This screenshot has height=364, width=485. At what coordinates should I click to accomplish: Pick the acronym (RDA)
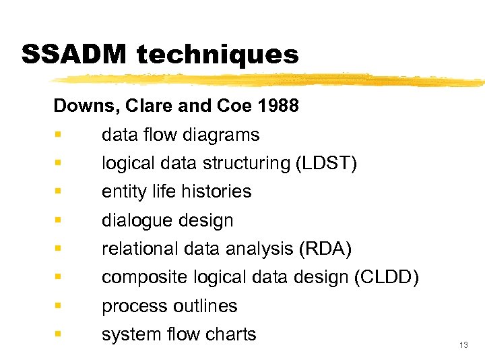324,249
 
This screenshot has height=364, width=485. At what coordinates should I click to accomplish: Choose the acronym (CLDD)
387,277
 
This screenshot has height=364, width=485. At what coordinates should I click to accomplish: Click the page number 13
463,345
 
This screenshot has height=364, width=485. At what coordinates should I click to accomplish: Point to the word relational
139,249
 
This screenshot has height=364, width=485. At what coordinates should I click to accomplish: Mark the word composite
145,277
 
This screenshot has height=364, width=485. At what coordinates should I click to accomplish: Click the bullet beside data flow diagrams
59,135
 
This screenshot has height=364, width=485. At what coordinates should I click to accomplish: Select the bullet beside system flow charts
59,334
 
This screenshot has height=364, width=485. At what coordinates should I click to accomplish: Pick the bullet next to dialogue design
59,220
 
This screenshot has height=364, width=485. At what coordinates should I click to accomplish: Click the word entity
119,191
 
